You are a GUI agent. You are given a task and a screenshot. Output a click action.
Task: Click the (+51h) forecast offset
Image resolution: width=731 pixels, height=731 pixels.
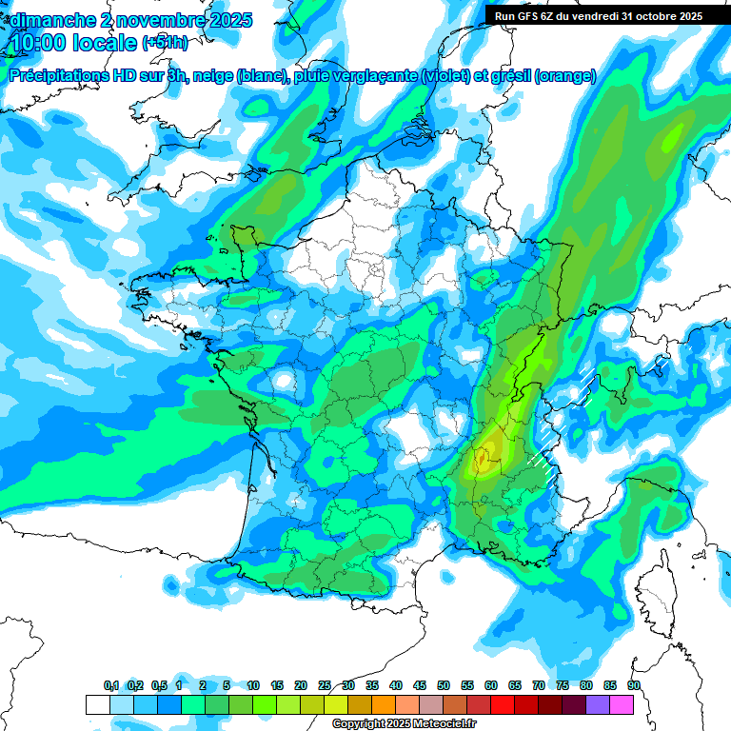pyautogui.click(x=165, y=43)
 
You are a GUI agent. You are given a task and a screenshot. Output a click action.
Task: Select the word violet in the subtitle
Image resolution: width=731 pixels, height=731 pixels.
pyautogui.click(x=445, y=76)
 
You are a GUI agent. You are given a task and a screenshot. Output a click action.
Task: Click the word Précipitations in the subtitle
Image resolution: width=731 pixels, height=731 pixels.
pyautogui.click(x=58, y=76)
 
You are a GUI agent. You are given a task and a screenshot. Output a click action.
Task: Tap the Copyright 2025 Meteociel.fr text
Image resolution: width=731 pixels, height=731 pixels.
pyautogui.click(x=405, y=724)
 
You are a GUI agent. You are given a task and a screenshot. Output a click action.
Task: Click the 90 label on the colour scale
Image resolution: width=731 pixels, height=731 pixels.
pyautogui.click(x=634, y=685)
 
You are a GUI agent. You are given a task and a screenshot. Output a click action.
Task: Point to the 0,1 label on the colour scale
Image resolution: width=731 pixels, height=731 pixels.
pyautogui.click(x=111, y=685)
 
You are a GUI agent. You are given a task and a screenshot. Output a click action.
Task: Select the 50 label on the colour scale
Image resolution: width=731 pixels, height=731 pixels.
pyautogui.click(x=444, y=685)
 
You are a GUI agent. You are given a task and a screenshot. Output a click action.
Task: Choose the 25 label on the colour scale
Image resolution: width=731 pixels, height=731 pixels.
pyautogui.click(x=325, y=685)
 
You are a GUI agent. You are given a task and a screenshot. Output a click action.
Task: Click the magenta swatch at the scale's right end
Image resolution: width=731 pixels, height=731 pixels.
pyautogui.click(x=622, y=704)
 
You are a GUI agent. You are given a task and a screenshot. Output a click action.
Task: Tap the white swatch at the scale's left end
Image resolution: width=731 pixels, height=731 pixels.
pyautogui.click(x=97, y=704)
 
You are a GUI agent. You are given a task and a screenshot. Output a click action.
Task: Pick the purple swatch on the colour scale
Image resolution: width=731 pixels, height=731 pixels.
pyautogui.click(x=598, y=704)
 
